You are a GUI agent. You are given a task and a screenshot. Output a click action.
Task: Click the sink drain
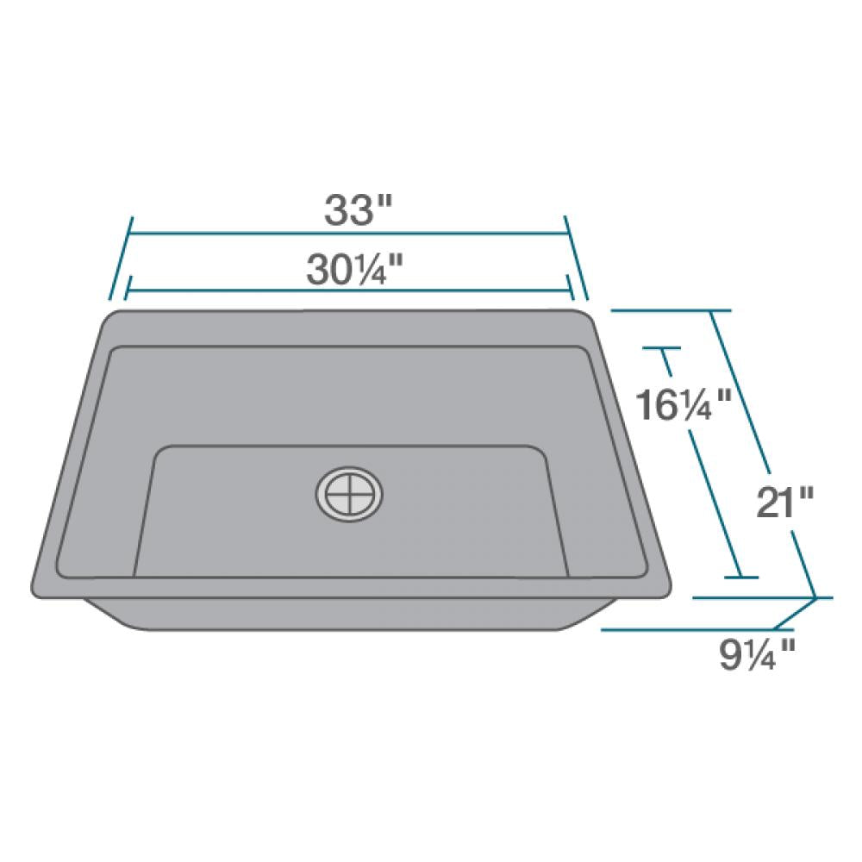coord(351,495)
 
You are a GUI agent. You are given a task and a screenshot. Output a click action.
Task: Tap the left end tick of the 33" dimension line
coord(120,259)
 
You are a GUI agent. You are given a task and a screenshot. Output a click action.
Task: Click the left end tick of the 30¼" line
coord(128,288)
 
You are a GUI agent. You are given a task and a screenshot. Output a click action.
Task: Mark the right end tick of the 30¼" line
coord(568,288)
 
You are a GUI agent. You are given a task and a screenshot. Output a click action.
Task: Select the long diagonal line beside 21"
coord(763,453)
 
